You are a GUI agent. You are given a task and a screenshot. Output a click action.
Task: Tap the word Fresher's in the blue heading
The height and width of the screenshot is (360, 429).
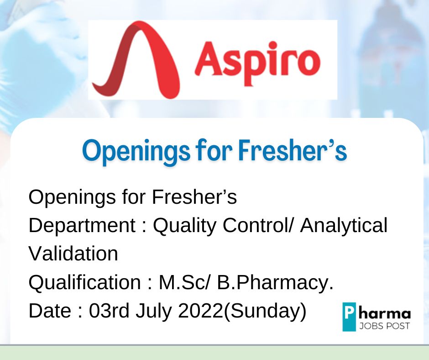[x=293, y=150]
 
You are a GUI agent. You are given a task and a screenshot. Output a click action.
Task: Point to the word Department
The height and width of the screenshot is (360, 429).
[x=82, y=226]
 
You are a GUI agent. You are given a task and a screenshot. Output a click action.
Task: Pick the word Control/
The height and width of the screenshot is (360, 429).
[x=259, y=225]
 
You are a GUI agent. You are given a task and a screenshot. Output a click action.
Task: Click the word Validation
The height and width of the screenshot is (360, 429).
[x=73, y=254]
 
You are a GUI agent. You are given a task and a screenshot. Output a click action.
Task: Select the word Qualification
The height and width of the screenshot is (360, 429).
[x=85, y=283]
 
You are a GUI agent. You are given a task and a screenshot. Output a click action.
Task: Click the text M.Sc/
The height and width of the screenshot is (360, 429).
[x=185, y=282]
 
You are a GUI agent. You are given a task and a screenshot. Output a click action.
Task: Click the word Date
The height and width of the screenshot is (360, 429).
[x=50, y=311]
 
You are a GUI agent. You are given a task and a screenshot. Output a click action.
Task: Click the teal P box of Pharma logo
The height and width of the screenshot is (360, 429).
[x=350, y=317]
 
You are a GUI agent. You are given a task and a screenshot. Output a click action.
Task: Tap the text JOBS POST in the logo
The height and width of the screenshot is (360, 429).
[x=384, y=326]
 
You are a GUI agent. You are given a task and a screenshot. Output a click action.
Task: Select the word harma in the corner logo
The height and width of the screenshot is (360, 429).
[x=385, y=313]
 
